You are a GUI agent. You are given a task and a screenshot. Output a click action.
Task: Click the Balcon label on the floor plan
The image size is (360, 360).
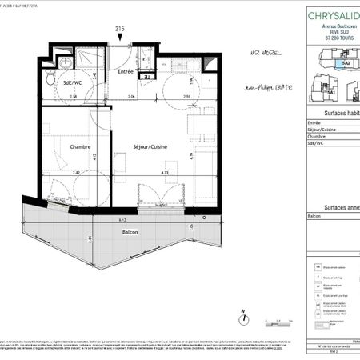130,232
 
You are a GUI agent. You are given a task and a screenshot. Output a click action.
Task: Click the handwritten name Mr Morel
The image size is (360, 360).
265,57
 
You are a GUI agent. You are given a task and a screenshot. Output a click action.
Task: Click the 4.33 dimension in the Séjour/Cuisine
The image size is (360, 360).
164,171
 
